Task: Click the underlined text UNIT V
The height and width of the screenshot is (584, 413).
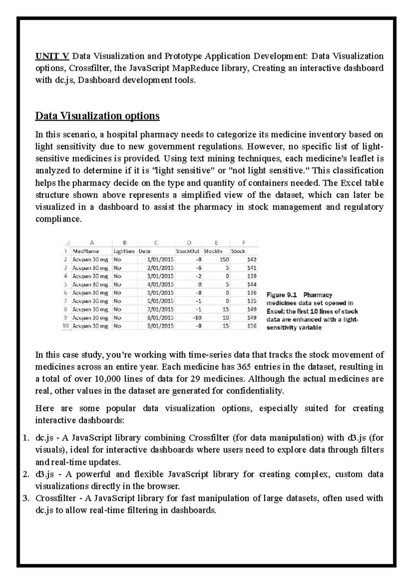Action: [52, 56]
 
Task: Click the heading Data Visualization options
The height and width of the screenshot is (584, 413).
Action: [97, 116]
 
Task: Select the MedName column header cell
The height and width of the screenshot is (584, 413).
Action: [86, 251]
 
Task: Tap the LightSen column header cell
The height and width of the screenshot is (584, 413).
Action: [124, 251]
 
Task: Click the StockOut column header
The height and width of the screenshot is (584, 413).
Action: [187, 251]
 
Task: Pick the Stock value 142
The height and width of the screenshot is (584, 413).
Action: [252, 259]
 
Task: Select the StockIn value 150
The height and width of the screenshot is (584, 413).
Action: [224, 259]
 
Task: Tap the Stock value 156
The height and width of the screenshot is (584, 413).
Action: [252, 326]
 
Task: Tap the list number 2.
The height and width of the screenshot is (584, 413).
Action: [26, 474]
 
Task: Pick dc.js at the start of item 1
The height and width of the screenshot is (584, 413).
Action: [44, 438]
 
